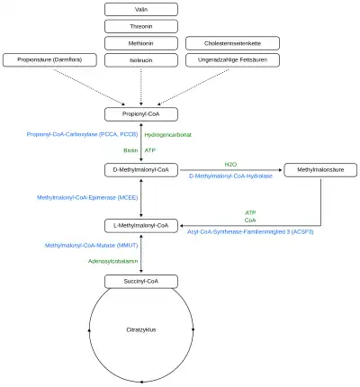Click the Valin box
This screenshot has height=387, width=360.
pos(141,9)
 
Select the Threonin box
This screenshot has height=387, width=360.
pos(141,26)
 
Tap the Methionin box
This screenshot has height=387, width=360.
pos(141,43)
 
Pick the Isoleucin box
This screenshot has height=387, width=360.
pos(141,60)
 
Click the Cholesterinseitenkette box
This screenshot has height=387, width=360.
pos(232,43)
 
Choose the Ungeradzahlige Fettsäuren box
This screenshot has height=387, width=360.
pos(232,60)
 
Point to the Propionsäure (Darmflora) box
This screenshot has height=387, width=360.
pos(49,59)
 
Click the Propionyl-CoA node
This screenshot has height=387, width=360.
pos(141,114)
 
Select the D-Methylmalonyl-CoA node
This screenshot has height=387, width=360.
pos(141,170)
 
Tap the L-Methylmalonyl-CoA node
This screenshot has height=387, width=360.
pos(141,226)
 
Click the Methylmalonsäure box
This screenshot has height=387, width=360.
pos(320,170)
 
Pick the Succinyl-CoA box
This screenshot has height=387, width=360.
pos(141,282)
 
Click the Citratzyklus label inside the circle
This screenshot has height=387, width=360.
pos(141,329)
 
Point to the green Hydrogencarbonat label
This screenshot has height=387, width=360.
pos(167,135)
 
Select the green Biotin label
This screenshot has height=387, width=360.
pos(130,150)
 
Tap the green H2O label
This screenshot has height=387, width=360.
pos(230,164)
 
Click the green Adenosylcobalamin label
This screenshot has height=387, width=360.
pos(112,261)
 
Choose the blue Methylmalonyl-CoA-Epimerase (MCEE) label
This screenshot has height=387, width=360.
pos(87,197)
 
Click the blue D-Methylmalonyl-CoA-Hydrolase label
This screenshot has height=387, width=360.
pos(230,175)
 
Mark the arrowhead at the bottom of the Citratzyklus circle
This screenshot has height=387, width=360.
pos(141,382)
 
